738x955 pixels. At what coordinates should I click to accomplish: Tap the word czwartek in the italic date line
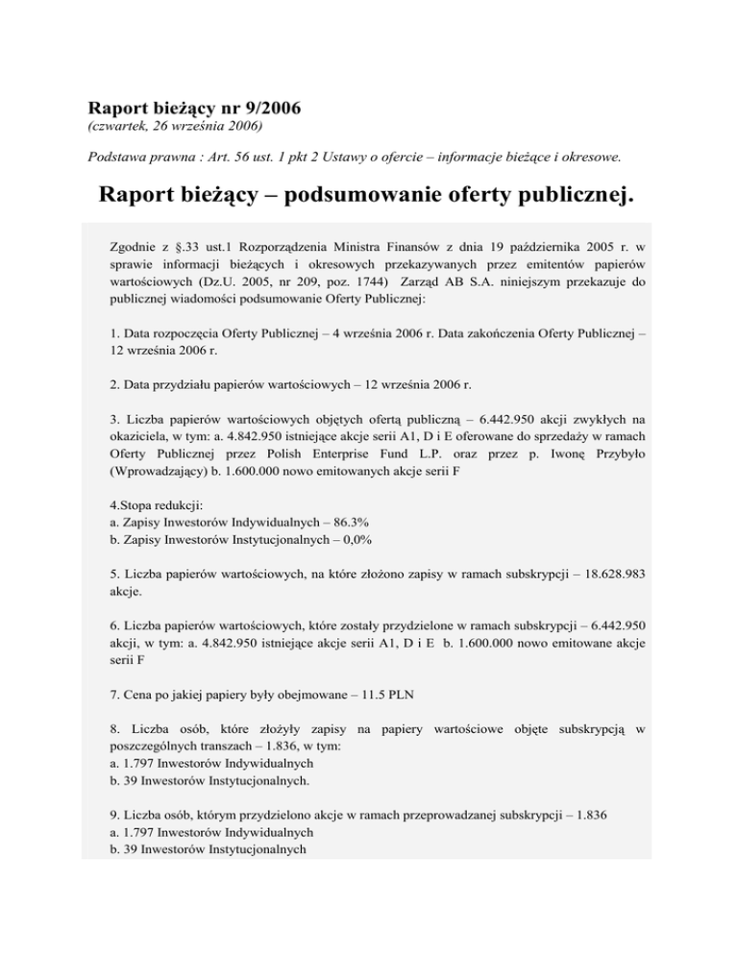(120, 126)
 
